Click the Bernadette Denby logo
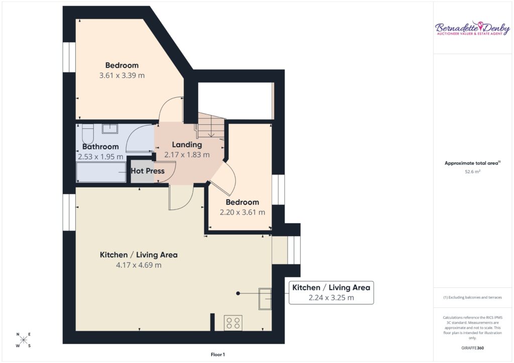click(x=472, y=29)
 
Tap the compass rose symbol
click(x=23, y=340)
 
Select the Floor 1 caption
click(x=218, y=354)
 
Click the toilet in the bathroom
click(x=87, y=133)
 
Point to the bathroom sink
click(x=110, y=129)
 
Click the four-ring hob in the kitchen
click(x=233, y=323)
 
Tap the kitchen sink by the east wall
click(x=265, y=298)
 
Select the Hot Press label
click(x=148, y=171)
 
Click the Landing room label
click(x=187, y=145)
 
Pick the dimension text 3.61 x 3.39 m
click(x=122, y=76)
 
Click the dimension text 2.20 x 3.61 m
click(x=242, y=213)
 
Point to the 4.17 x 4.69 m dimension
click(x=139, y=265)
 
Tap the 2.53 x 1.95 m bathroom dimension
click(x=100, y=157)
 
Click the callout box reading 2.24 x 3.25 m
click(x=331, y=293)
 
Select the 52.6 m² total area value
click(x=472, y=171)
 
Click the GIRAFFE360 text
click(x=472, y=348)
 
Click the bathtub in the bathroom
click(x=101, y=172)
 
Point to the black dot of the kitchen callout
click(x=238, y=293)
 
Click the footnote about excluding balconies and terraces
click(x=472, y=297)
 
